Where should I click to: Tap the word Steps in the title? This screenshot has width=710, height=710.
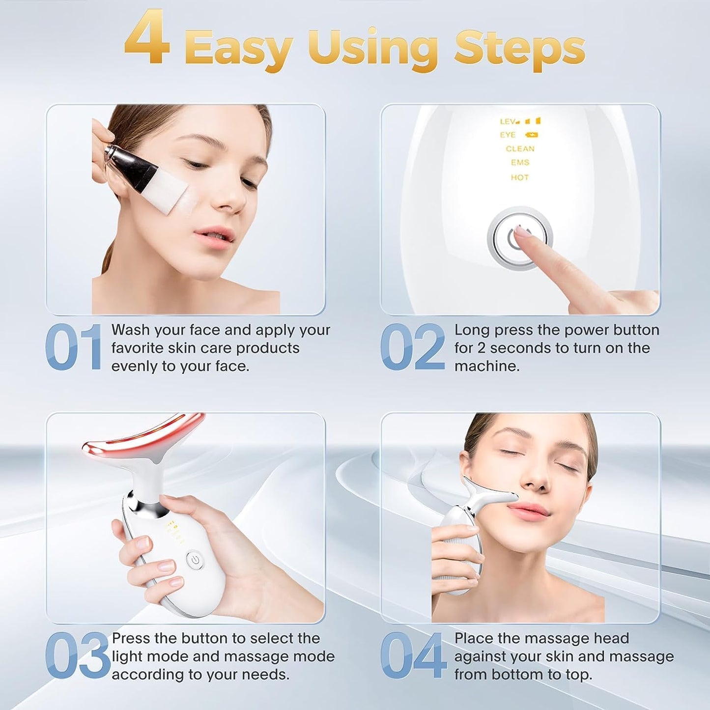pos(519,48)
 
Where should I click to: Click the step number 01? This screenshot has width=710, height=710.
pos(74,347)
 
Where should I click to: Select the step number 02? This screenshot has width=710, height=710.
pos(412,347)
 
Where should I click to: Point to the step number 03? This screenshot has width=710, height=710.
pos(77,655)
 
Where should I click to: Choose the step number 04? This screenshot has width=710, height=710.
pos(413,655)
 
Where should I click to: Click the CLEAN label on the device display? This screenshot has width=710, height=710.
pos(520,148)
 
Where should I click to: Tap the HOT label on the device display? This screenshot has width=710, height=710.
pos(519,177)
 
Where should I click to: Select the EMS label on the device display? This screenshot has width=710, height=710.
pos(520,163)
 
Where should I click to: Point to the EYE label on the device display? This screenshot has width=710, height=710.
pos(508,135)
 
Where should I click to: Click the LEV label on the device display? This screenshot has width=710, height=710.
pos(507,121)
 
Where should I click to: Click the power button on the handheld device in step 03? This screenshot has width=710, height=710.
pos(195,559)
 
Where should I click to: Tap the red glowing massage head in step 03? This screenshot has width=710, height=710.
pos(142,437)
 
